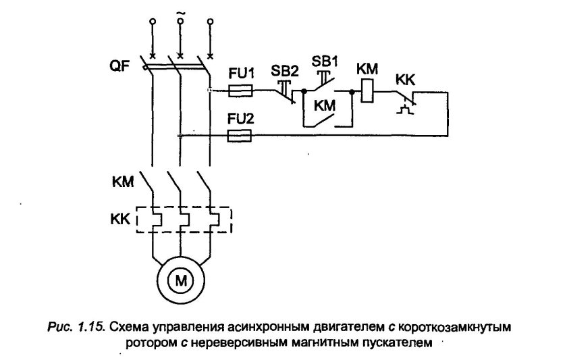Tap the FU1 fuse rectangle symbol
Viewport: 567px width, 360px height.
241,90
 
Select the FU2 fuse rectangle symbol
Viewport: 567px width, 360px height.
241,136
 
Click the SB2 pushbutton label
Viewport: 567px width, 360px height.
284,70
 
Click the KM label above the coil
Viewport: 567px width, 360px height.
368,70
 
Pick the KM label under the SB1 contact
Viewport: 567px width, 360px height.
323,106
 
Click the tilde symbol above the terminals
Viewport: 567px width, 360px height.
180,14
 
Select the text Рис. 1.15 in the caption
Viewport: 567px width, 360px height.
84,327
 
